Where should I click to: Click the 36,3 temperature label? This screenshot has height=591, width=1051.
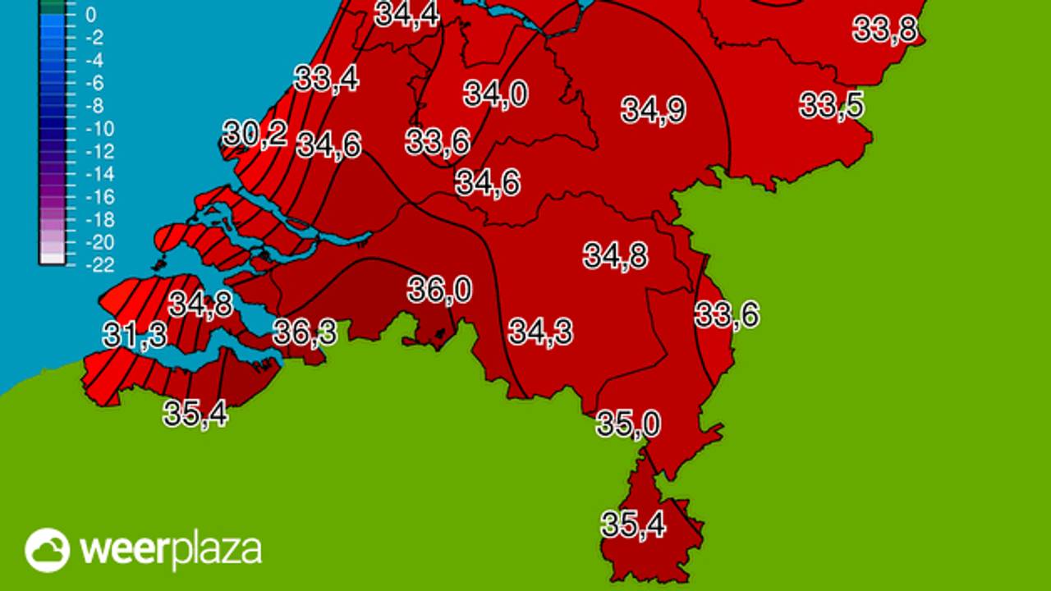pyautogui.click(x=305, y=332)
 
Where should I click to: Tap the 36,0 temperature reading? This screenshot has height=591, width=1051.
pyautogui.click(x=440, y=290)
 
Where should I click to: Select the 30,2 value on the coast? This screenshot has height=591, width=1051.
pyautogui.click(x=255, y=134)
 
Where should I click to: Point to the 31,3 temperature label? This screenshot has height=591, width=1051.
pyautogui.click(x=135, y=335)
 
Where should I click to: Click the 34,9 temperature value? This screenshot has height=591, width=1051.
pyautogui.click(x=653, y=110)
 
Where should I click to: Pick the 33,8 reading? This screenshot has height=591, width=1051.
pyautogui.click(x=885, y=30)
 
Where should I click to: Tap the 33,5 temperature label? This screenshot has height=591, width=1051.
pyautogui.click(x=832, y=106)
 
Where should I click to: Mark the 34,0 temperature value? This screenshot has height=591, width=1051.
pyautogui.click(x=495, y=94)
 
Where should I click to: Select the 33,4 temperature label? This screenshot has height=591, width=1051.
pyautogui.click(x=326, y=79)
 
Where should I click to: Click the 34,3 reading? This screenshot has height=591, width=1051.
pyautogui.click(x=540, y=332)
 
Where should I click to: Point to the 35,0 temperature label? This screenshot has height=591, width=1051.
pyautogui.click(x=628, y=425)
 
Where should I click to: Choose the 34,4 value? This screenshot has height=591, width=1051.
pyautogui.click(x=406, y=15)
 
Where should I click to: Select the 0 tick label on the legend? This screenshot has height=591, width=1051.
pyautogui.click(x=90, y=15)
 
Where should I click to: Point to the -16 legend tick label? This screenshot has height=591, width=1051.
pyautogui.click(x=99, y=197)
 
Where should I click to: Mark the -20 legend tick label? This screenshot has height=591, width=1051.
pyautogui.click(x=99, y=242)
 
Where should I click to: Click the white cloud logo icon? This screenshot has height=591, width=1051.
pyautogui.click(x=47, y=550)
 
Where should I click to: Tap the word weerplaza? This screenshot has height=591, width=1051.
pyautogui.click(x=171, y=550)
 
